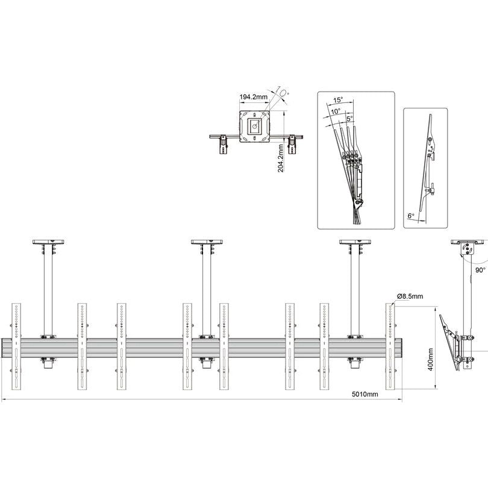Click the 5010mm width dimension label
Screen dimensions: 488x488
click(x=365, y=394)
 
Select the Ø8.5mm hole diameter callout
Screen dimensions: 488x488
click(x=410, y=296)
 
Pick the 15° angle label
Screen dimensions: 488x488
click(x=338, y=100)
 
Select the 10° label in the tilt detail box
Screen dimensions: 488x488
click(x=335, y=111)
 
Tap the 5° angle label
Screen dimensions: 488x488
click(x=349, y=119)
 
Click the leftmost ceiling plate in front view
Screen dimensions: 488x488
click(x=48, y=242)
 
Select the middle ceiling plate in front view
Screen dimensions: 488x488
click(x=207, y=242)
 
